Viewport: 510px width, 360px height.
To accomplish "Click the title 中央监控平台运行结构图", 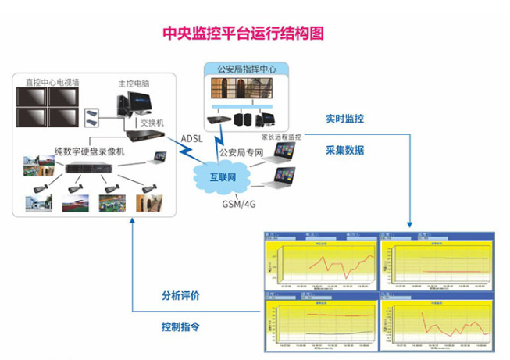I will [241, 33].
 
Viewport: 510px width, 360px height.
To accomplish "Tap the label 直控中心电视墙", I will [52, 80].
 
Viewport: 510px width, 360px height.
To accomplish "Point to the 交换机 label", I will [152, 123].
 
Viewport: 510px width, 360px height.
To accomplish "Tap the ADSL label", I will [191, 140].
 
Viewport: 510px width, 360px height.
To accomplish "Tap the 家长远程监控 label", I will [281, 137].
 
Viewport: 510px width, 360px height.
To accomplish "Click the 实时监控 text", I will [344, 119].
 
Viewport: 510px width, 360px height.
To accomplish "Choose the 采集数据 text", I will [344, 150].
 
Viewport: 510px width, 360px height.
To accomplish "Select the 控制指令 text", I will [180, 326].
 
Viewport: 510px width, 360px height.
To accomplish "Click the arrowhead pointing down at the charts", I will [410, 224].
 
